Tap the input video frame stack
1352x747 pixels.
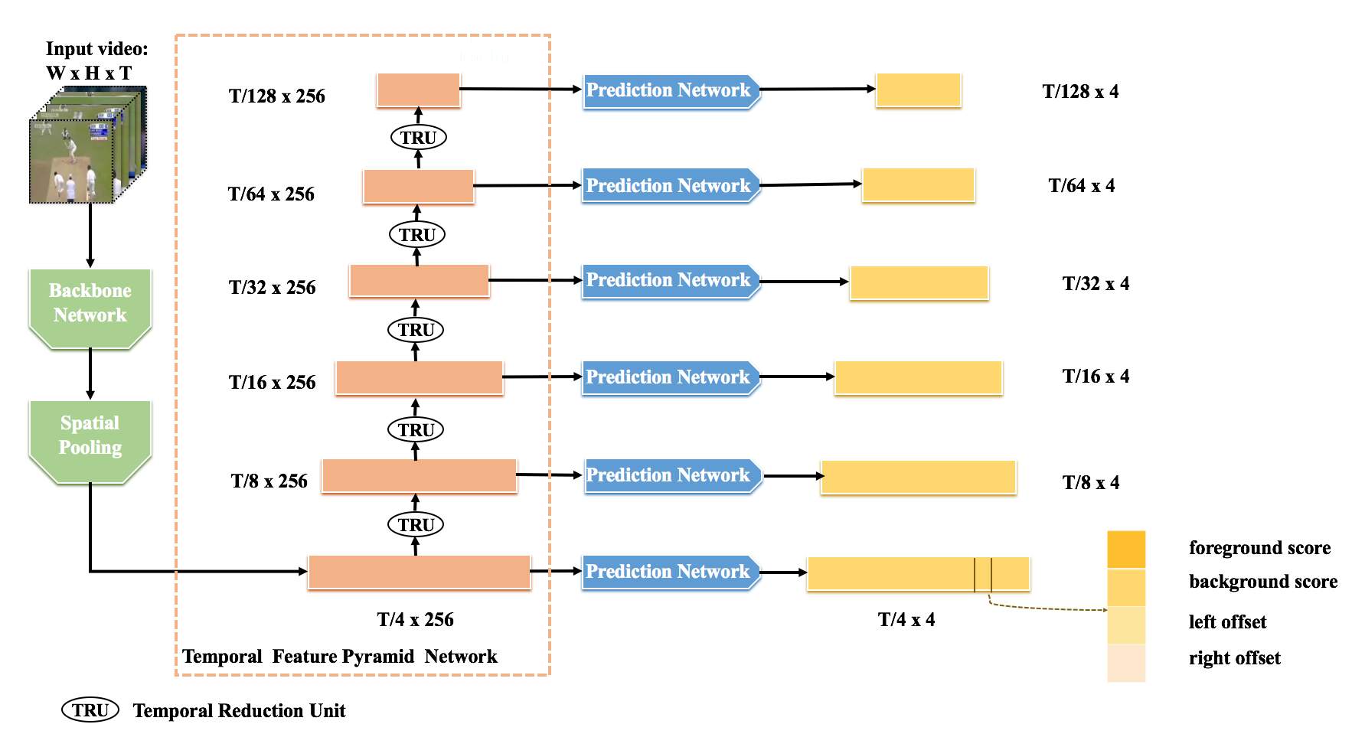click(88, 145)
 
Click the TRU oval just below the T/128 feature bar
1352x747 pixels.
click(418, 138)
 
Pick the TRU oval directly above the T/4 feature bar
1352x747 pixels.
click(416, 525)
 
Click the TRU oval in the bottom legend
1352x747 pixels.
click(90, 710)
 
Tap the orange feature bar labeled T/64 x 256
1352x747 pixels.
click(419, 187)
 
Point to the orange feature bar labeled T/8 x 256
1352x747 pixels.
click(420, 476)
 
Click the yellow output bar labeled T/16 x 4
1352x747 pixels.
click(919, 378)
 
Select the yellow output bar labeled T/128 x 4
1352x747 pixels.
click(919, 90)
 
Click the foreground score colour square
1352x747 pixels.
click(1126, 550)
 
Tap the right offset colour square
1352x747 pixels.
click(1126, 663)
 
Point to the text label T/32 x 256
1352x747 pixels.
click(273, 288)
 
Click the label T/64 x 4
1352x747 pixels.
click(1082, 186)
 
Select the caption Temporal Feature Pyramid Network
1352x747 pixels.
click(340, 657)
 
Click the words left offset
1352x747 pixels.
click(1227, 622)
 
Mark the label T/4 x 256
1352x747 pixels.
click(415, 620)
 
